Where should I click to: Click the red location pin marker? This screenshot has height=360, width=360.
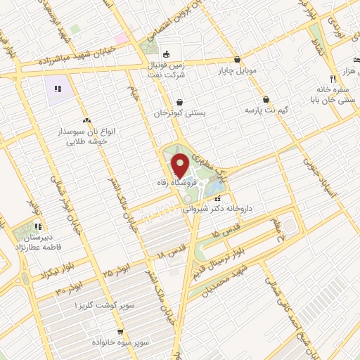pos(180,165)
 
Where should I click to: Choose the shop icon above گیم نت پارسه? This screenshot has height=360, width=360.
pos(266,99)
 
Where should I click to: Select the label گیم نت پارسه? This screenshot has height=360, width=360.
pos(267,110)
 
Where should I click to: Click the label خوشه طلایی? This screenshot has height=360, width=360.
pos(86,141)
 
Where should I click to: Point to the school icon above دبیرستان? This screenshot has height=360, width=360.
pos(38,227)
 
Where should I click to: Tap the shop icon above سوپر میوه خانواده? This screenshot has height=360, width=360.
pos(120,330)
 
